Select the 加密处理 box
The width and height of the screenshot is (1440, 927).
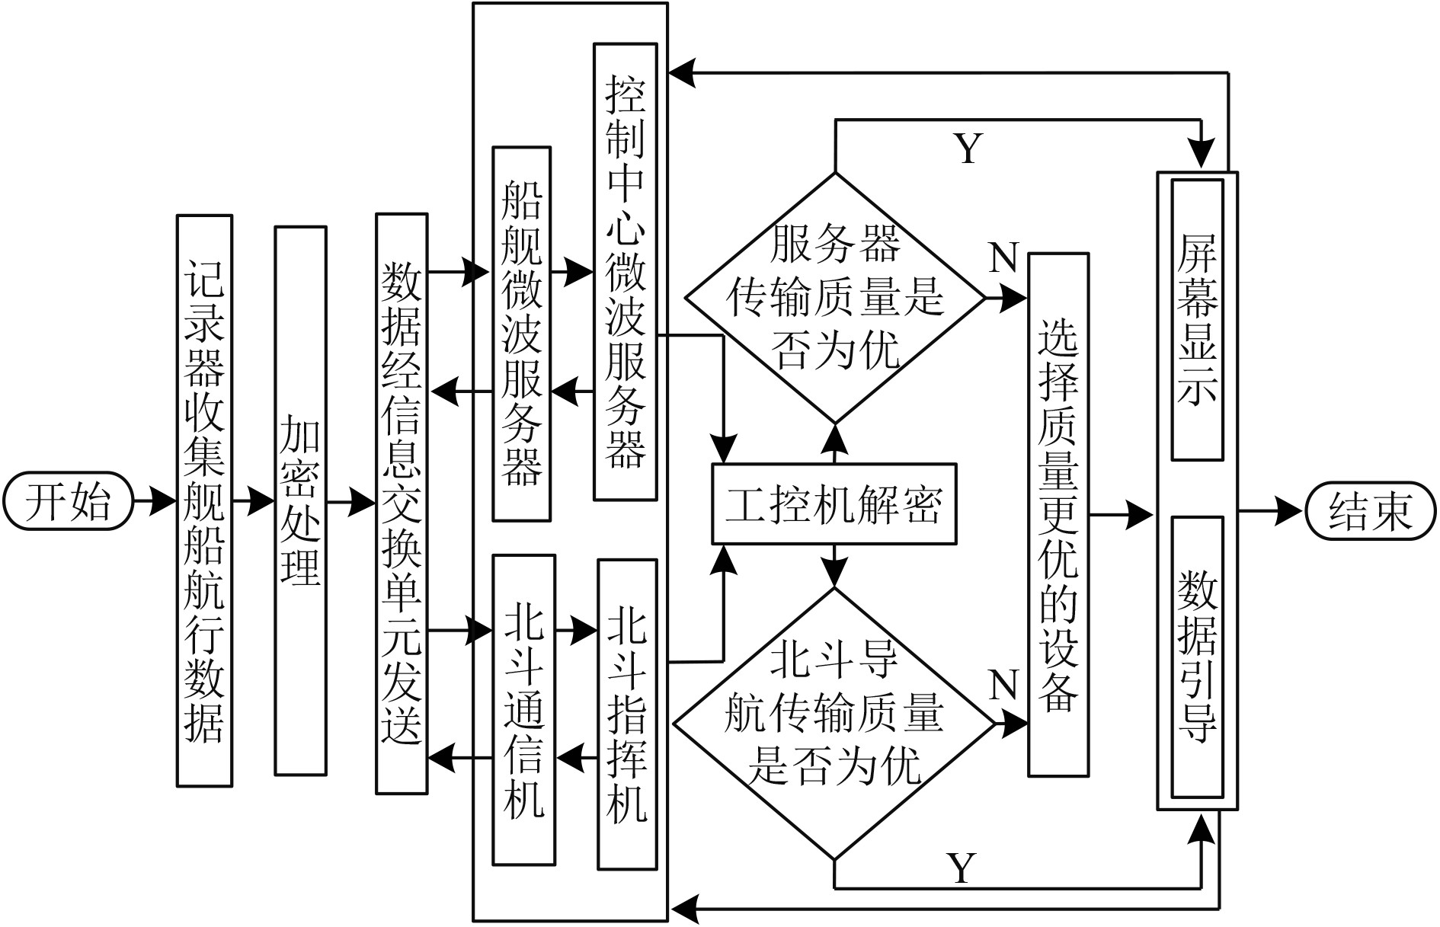(x=300, y=500)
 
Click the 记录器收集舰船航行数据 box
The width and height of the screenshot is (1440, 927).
(x=204, y=500)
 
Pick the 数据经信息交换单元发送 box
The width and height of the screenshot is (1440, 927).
(x=402, y=503)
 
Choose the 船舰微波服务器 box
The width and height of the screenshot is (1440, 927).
(x=522, y=334)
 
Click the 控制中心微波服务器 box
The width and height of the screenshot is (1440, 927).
(x=625, y=271)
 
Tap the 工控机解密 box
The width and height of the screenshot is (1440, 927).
(x=834, y=503)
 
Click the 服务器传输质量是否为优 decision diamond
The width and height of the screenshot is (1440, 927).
(x=835, y=298)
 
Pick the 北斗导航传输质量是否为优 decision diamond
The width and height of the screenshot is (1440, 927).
(x=834, y=724)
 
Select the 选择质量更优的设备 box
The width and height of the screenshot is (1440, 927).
(x=1058, y=515)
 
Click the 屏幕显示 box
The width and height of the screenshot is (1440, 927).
(x=1197, y=320)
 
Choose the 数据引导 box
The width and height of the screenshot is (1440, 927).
(x=1197, y=657)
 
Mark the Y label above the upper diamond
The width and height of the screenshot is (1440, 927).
(x=968, y=149)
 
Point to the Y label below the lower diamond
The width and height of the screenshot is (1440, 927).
(x=962, y=868)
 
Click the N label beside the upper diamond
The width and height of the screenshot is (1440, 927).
(x=1003, y=259)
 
